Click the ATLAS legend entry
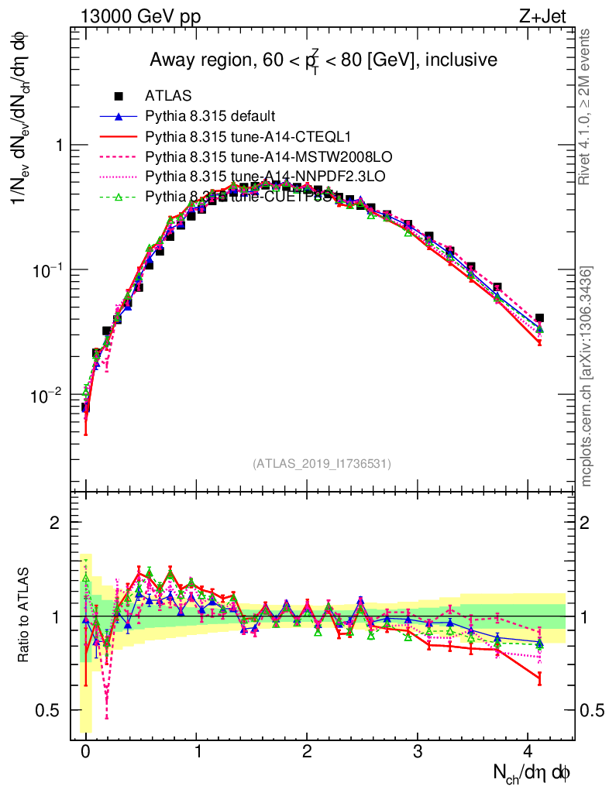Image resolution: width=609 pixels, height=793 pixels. [x=163, y=96]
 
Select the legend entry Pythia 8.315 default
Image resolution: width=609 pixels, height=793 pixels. [x=210, y=116]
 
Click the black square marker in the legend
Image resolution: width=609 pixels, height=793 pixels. [x=119, y=96]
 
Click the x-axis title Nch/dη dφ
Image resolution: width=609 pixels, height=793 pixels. [x=532, y=772]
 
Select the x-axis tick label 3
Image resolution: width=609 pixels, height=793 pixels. [x=418, y=750]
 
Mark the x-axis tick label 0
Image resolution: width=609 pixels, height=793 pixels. [x=85, y=750]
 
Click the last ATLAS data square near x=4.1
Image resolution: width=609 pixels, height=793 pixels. [x=539, y=318]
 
